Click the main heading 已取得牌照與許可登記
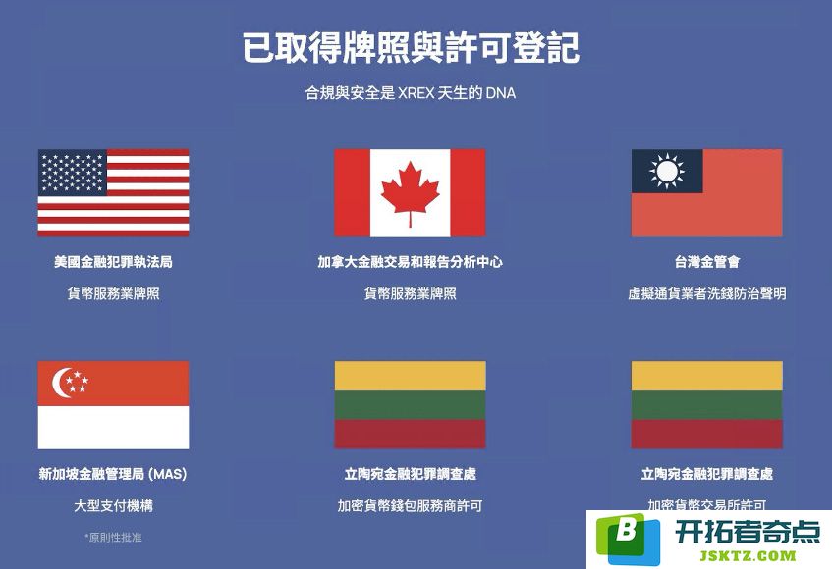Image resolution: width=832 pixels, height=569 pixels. click(411, 48)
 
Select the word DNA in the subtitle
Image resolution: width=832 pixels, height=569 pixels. click(500, 93)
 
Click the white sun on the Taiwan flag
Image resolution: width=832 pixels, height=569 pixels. click(667, 171)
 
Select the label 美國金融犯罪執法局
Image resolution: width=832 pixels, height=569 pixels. click(113, 262)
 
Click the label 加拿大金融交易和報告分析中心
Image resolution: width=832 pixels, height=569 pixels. click(410, 262)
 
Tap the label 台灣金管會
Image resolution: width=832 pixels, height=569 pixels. click(707, 262)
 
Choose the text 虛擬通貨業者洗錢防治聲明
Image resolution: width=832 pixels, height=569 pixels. click(707, 294)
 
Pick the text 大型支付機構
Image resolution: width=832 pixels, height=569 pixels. click(113, 506)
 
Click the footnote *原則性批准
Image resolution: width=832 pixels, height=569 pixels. click(113, 538)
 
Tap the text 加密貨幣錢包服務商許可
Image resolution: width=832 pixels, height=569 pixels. click(410, 506)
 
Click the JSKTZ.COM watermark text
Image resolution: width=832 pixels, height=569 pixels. click(748, 555)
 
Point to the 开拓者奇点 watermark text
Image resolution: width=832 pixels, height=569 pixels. click(748, 532)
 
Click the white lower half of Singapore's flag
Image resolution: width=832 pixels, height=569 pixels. click(113, 428)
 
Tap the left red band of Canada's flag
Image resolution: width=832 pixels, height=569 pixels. click(353, 193)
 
